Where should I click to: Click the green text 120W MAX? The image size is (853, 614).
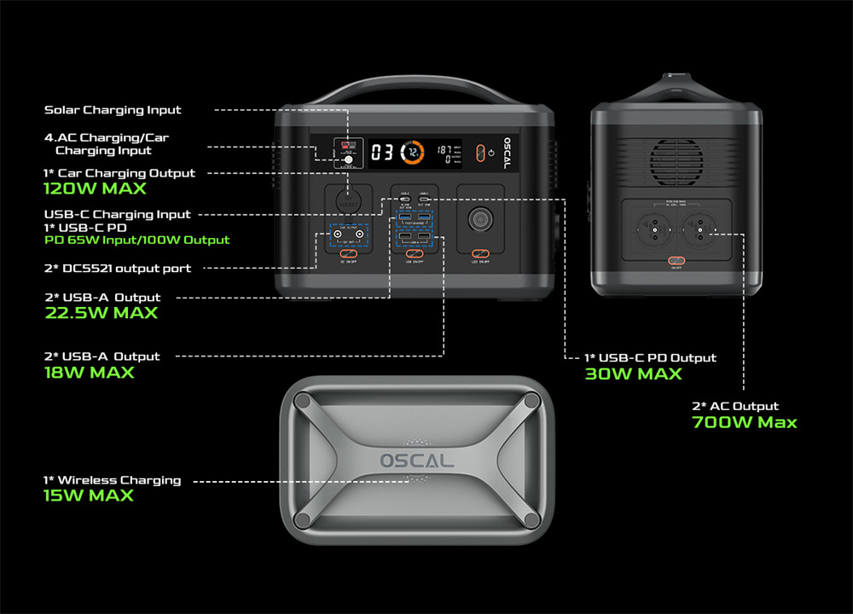pyautogui.click(x=95, y=188)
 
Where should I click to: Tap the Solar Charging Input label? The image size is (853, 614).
pyautogui.click(x=113, y=110)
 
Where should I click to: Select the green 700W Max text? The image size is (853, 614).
pyautogui.click(x=744, y=422)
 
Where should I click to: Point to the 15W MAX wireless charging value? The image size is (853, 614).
pyautogui.click(x=89, y=495)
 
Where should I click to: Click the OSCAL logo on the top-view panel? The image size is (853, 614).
pyautogui.click(x=417, y=460)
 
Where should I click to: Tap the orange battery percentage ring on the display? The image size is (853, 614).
pyautogui.click(x=413, y=153)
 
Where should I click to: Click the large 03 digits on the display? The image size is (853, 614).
pyautogui.click(x=382, y=153)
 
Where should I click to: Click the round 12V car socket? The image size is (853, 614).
pyautogui.click(x=348, y=201)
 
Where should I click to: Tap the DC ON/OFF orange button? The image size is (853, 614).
pyautogui.click(x=348, y=254)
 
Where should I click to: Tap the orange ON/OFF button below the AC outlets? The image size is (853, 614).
pyautogui.click(x=676, y=261)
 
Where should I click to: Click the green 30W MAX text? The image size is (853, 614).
pyautogui.click(x=633, y=374)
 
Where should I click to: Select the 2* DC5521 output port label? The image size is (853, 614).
pyautogui.click(x=118, y=269)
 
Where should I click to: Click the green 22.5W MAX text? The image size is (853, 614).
pyautogui.click(x=101, y=313)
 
